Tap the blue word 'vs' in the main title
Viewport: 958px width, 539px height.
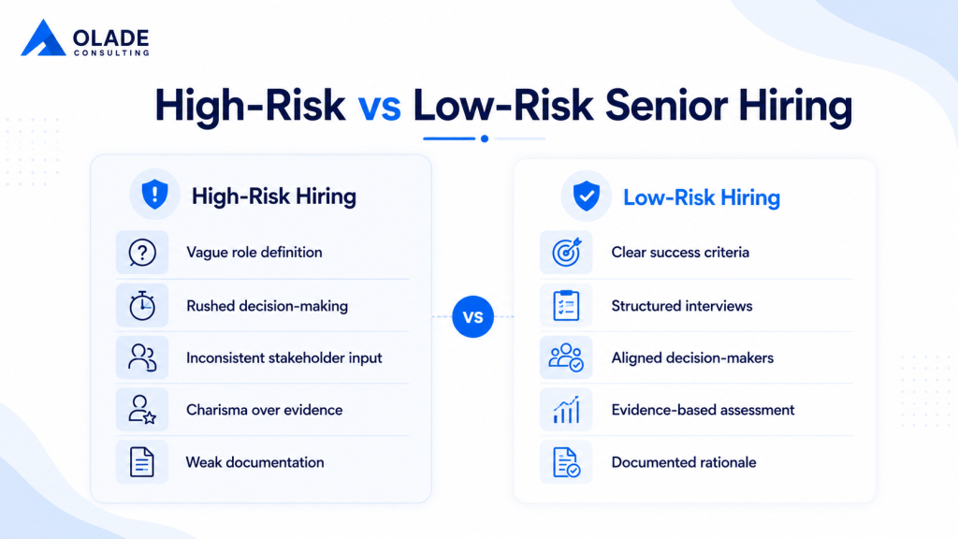pos(380,106)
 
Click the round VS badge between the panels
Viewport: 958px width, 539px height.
pos(472,316)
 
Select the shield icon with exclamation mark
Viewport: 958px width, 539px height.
pos(154,195)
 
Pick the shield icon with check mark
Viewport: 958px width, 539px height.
pos(586,197)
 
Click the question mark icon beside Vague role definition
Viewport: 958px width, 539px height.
pos(142,253)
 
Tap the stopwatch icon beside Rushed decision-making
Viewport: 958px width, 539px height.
pos(142,306)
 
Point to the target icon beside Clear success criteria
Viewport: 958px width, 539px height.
pos(566,252)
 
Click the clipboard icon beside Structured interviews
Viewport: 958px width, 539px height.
pos(566,306)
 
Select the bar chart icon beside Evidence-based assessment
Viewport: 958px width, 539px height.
pos(566,410)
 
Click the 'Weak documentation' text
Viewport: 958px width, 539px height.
pos(254,462)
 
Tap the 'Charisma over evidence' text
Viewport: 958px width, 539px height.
pos(265,410)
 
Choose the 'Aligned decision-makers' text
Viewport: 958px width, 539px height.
pos(692,357)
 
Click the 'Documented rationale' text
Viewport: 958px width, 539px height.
pos(684,462)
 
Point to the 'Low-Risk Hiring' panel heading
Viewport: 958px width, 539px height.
pos(702,197)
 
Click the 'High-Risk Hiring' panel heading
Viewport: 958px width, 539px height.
pos(274,197)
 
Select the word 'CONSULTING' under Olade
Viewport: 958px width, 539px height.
pos(112,53)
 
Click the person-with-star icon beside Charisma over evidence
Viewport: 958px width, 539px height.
pos(142,410)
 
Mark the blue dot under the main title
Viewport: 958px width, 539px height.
pos(485,138)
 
